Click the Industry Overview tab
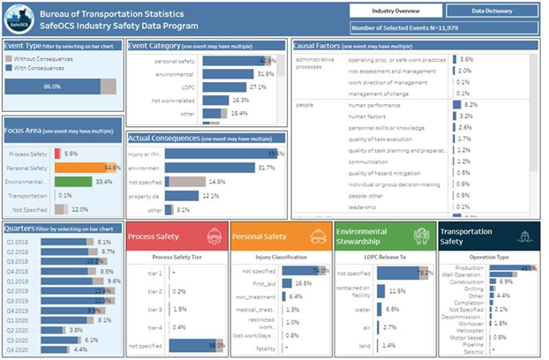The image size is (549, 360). (395, 11)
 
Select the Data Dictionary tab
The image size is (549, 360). (490, 11)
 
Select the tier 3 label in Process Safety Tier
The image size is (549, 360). (156, 310)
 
